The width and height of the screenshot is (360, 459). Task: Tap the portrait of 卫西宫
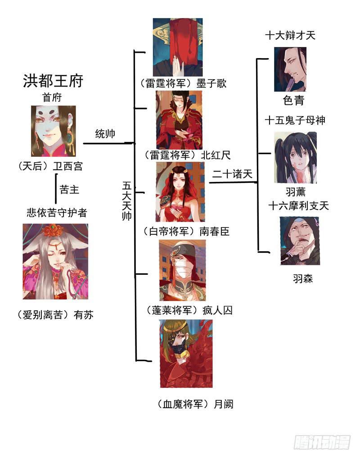[x=53, y=131]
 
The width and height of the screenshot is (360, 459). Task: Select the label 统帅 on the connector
[x=105, y=134]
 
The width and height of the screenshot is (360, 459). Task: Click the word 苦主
[x=69, y=190]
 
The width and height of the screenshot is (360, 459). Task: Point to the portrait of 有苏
[x=55, y=262]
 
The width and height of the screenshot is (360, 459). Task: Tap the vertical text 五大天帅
[x=127, y=201]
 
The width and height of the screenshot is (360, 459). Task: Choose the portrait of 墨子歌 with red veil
[x=177, y=47]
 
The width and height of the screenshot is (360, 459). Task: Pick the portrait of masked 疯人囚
[x=182, y=270]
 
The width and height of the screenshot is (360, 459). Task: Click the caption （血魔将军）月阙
[x=196, y=404]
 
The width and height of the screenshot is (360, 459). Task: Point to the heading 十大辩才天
[x=290, y=36]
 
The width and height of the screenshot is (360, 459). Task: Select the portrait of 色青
[x=290, y=69]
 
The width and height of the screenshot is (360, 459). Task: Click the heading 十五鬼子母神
[x=295, y=120]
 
